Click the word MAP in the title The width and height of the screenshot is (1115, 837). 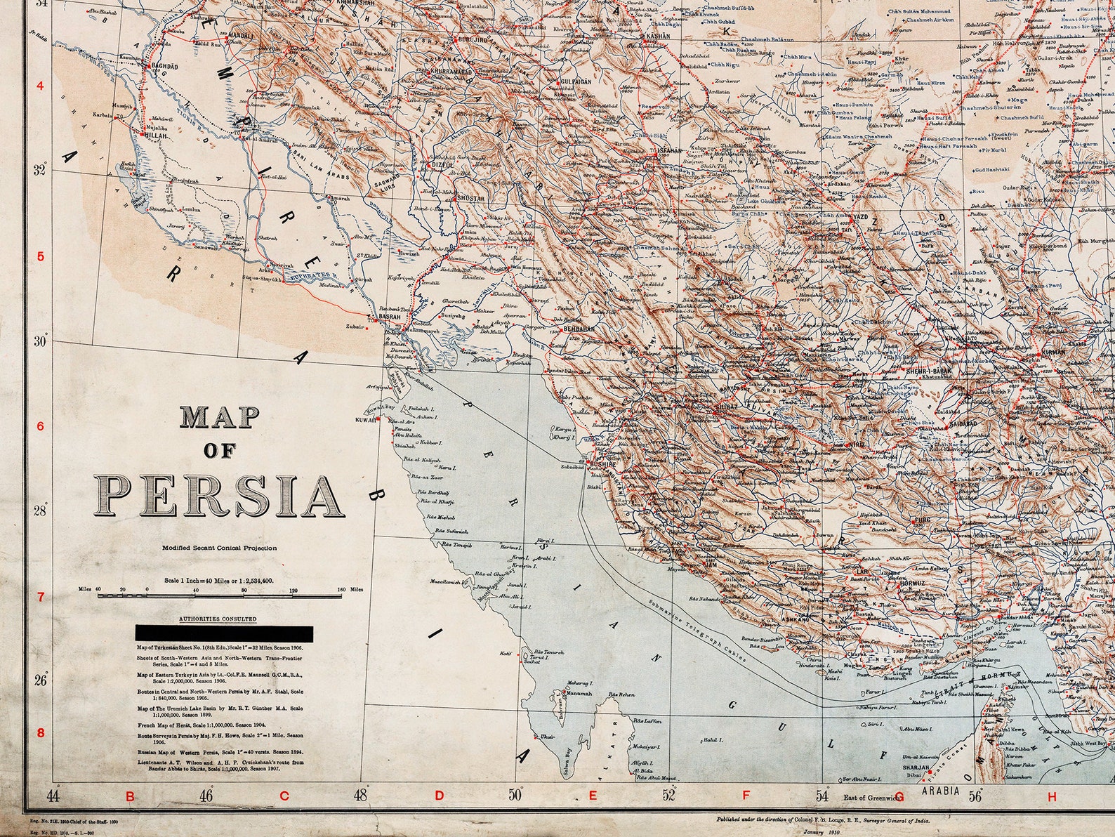pos(220,417)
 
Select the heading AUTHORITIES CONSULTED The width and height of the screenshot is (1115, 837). pos(218,619)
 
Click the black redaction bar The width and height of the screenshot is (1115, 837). pos(229,632)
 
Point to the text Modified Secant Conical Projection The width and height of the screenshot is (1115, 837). pos(219,548)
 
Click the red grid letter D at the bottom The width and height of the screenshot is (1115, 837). pos(439,796)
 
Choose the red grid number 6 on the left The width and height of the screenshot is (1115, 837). pos(40,426)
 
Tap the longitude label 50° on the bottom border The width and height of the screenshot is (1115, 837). pos(515,796)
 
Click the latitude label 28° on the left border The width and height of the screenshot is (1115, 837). pos(41,510)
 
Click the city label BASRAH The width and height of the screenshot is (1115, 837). pos(389,317)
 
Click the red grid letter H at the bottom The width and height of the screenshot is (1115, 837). pos(1051,796)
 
